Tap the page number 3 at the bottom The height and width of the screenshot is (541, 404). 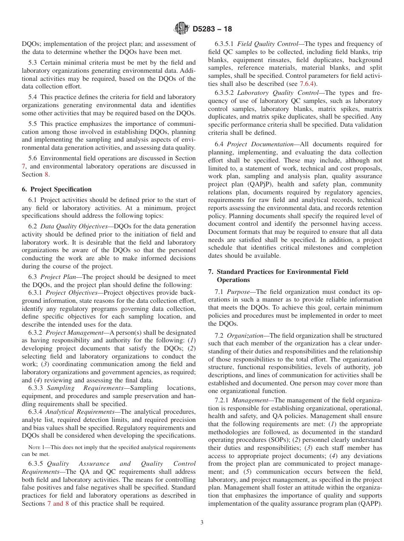(x=202, y=523)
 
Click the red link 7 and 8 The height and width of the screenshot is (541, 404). (x=58, y=504)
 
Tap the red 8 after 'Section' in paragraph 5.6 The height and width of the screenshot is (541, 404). (x=46, y=174)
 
